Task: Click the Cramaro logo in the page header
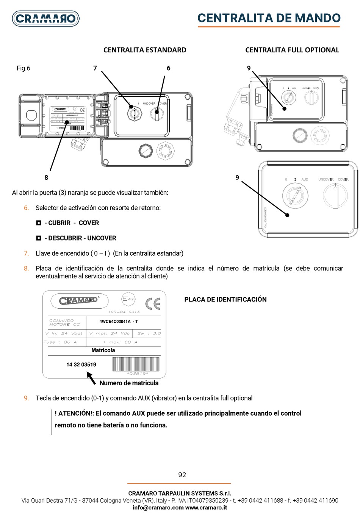click(x=46, y=18)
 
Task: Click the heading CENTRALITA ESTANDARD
click(x=145, y=50)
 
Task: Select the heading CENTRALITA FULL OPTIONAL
click(x=292, y=50)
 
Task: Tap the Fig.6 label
click(x=23, y=68)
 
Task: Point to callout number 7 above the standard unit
click(x=95, y=68)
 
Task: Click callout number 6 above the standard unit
click(x=168, y=68)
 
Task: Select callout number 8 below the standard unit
click(x=46, y=177)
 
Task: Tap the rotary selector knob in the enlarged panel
click(x=335, y=195)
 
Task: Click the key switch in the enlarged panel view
click(x=295, y=196)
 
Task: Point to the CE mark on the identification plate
click(x=153, y=303)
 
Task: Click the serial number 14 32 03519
click(x=81, y=365)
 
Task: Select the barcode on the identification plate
click(x=136, y=364)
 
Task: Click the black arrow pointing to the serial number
click(x=91, y=378)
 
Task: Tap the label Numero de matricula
click(x=129, y=383)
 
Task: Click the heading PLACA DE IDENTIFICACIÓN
click(x=225, y=300)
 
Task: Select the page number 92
click(x=182, y=475)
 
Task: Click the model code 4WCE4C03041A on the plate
click(x=115, y=322)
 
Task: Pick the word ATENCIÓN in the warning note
click(x=75, y=413)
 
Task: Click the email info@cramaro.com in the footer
click(x=158, y=508)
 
